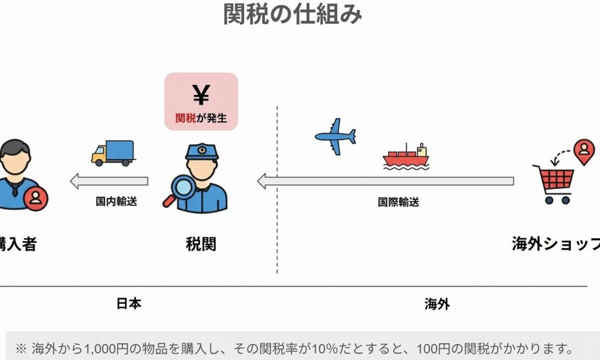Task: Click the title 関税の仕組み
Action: (x=292, y=14)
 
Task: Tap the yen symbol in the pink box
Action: (x=201, y=96)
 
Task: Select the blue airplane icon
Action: (x=335, y=137)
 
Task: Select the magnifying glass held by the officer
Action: (x=179, y=191)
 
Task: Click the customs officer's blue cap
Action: (x=202, y=152)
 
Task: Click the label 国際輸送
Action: (x=398, y=202)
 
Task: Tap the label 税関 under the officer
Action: (x=201, y=244)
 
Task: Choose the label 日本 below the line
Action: (x=129, y=303)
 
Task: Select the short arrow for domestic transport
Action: (x=109, y=181)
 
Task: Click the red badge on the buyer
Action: (x=36, y=199)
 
